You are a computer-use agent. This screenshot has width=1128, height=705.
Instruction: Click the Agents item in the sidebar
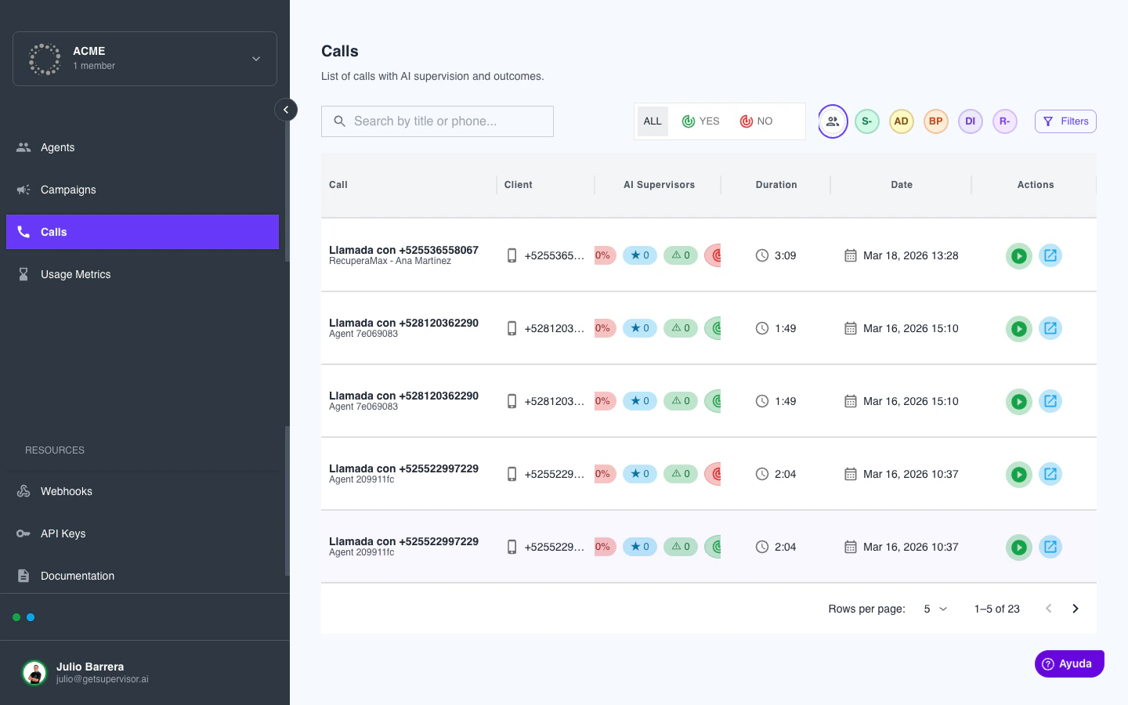57,147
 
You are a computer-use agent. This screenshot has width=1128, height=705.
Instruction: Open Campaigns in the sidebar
68,190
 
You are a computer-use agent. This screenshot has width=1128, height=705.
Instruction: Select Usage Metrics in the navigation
75,274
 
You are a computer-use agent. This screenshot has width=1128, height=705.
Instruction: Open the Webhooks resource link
66,491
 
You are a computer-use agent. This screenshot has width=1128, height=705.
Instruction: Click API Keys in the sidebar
63,533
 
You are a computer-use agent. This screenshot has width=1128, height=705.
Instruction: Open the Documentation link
77,576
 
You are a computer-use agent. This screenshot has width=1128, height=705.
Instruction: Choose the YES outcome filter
700,121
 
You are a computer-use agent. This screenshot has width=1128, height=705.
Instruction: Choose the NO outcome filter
756,121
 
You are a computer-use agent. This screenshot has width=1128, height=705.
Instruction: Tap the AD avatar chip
901,121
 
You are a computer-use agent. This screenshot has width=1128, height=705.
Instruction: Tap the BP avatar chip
935,121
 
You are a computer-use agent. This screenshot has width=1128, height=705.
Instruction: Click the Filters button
1065,121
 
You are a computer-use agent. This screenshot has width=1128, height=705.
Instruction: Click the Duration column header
775,185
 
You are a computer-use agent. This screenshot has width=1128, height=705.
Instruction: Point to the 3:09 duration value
785,255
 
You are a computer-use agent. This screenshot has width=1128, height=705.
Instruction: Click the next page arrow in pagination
1076,609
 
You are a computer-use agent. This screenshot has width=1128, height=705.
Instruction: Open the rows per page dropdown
935,609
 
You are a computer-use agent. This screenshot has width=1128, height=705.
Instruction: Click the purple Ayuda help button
1069,663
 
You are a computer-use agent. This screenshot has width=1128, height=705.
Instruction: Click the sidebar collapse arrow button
286,110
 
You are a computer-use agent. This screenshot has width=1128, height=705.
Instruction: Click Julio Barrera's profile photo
34,672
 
